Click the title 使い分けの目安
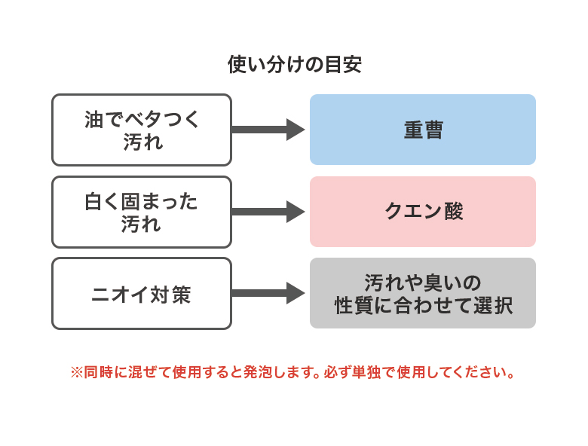pyautogui.click(x=294, y=65)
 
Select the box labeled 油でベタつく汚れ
pyautogui.click(x=141, y=130)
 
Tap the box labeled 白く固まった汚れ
pyautogui.click(x=141, y=212)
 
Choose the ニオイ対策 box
pyautogui.click(x=141, y=294)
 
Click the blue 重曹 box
pyautogui.click(x=422, y=130)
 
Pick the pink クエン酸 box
pyautogui.click(x=422, y=212)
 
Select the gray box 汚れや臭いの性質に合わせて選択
pyautogui.click(x=422, y=294)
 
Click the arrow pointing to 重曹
pyautogui.click(x=268, y=130)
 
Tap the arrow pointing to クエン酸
pyautogui.click(x=268, y=212)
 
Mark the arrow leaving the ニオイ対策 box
pyautogui.click(x=268, y=293)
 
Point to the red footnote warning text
pyautogui.click(x=294, y=373)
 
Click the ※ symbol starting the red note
pyautogui.click(x=76, y=373)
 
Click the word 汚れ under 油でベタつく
pyautogui.click(x=142, y=142)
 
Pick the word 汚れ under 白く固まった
pyautogui.click(x=142, y=224)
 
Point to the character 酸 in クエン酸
pyautogui.click(x=452, y=212)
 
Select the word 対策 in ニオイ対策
pyautogui.click(x=171, y=295)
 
